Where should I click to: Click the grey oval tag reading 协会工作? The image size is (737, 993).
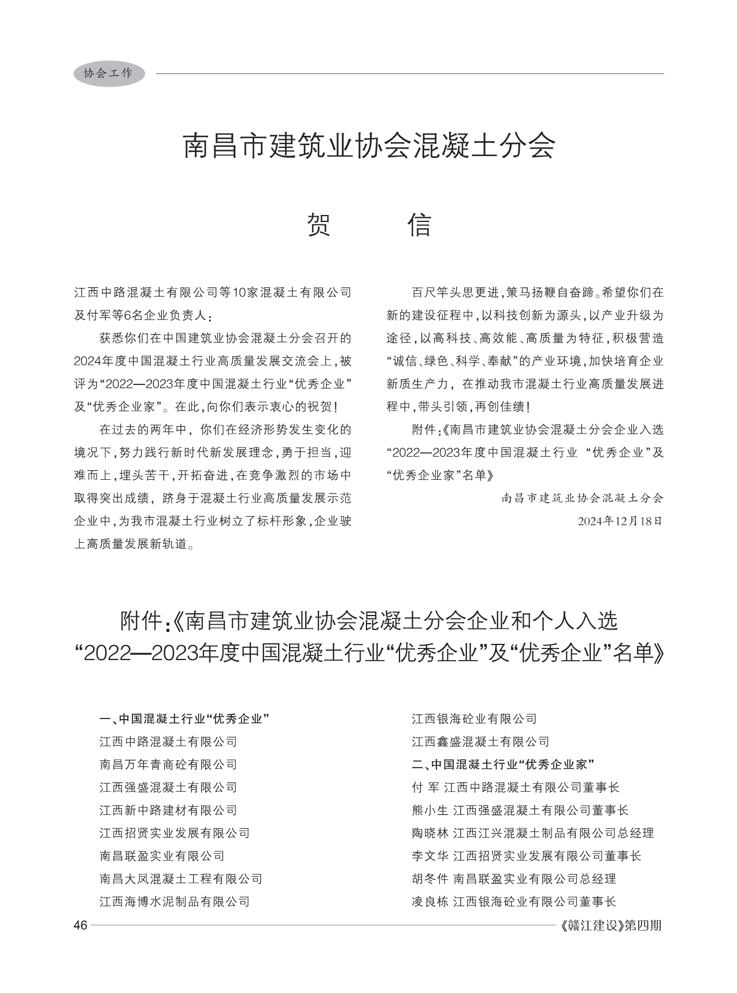point(109,73)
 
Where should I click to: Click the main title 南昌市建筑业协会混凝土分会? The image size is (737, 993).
point(369,147)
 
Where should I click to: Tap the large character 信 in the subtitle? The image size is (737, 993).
point(419,225)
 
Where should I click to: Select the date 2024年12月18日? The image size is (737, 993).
point(619,521)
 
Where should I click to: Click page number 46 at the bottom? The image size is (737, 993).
point(80,925)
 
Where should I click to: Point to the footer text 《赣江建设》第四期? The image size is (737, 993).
point(611,925)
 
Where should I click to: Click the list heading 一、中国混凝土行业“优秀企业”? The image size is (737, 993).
point(185,719)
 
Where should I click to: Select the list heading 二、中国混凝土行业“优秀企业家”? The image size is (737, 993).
point(503,765)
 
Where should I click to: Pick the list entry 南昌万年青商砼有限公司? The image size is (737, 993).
point(168,765)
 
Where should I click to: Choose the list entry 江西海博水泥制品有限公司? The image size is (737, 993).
point(175,901)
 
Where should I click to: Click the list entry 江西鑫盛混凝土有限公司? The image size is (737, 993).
point(480,742)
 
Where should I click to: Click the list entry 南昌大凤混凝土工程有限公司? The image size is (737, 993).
point(181,879)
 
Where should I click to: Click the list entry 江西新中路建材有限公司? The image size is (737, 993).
point(168,810)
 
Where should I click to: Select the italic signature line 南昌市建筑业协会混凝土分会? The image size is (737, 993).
point(582,498)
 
